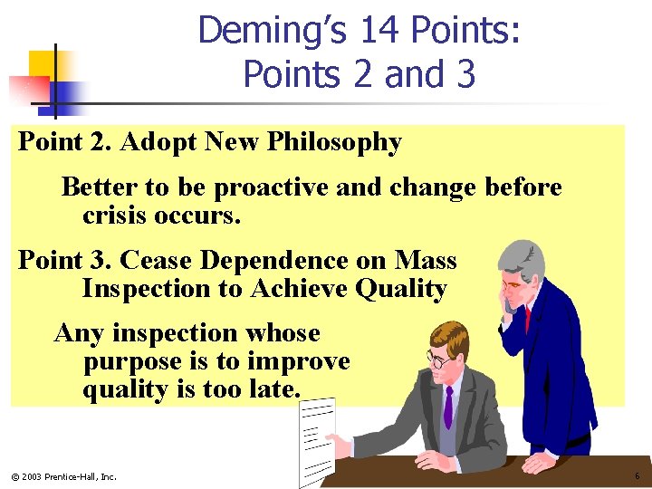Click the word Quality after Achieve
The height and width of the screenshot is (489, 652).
coord(401,289)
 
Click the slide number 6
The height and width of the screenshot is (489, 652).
coord(637,476)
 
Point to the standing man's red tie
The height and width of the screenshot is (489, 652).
coord(527,319)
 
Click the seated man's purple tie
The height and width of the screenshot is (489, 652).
coord(447,408)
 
